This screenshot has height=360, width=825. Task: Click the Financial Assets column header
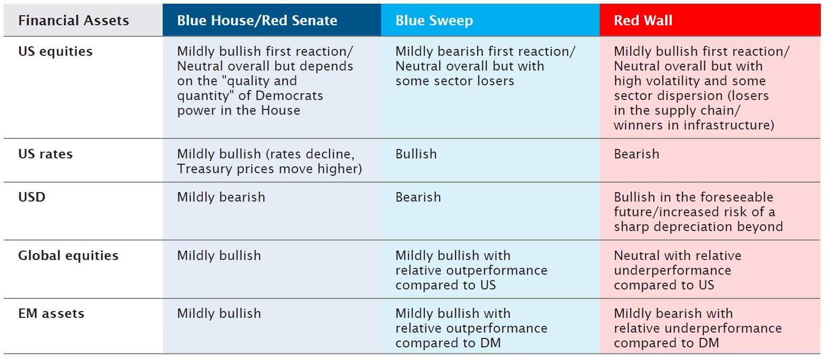(x=74, y=21)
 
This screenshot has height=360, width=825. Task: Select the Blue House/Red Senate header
(x=257, y=21)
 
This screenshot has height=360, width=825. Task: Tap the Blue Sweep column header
(x=434, y=21)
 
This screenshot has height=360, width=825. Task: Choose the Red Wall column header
(x=643, y=21)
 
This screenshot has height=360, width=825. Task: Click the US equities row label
(x=55, y=52)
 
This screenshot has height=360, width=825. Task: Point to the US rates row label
(x=45, y=154)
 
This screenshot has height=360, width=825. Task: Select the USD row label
(x=32, y=197)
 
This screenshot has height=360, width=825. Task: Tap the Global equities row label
(x=68, y=255)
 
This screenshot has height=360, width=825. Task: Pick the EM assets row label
(x=51, y=314)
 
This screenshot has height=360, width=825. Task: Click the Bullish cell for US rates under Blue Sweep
(x=416, y=154)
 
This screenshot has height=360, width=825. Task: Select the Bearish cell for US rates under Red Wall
(x=637, y=154)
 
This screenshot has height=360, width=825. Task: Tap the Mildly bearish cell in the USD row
(x=221, y=197)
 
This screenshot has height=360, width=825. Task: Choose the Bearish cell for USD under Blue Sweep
(x=418, y=197)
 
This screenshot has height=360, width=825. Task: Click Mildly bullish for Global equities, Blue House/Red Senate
(x=219, y=255)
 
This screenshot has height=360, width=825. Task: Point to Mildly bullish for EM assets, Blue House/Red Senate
(x=219, y=314)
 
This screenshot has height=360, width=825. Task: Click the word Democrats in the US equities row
(x=289, y=96)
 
